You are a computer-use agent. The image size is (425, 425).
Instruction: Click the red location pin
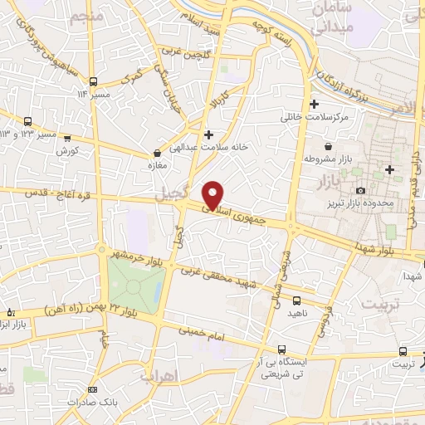point(212,194)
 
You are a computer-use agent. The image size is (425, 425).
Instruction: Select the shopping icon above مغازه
point(157,154)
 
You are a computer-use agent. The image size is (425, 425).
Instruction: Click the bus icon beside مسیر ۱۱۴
point(94,81)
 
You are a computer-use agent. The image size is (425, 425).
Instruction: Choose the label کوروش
point(67,151)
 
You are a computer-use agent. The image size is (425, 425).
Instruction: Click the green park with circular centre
point(133,287)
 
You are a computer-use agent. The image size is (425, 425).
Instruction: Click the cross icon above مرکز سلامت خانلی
point(314,105)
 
